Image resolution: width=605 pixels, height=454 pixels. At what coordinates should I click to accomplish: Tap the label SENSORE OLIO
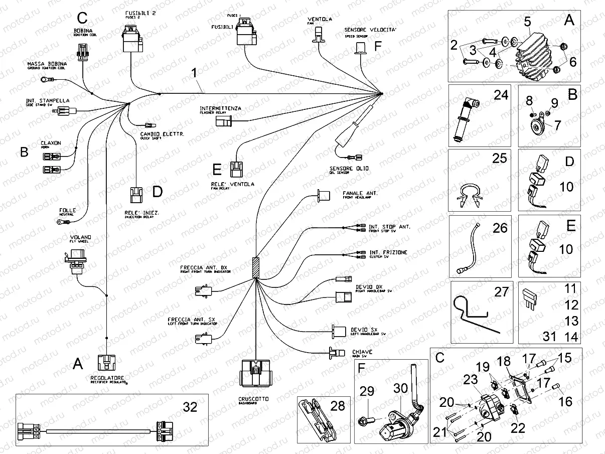(349, 169)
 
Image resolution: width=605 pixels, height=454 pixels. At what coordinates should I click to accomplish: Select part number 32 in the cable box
(190, 407)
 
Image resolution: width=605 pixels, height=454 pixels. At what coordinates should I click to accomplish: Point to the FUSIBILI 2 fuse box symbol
(132, 40)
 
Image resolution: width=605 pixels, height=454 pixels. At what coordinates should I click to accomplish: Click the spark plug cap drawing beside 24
(464, 118)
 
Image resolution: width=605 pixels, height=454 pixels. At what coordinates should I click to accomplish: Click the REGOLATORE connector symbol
(106, 363)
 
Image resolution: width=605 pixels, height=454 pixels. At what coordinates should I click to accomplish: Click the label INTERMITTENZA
(220, 108)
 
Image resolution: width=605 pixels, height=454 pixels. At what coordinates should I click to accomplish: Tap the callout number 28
(338, 406)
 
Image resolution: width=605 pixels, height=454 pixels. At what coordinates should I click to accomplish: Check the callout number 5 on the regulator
(527, 22)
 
